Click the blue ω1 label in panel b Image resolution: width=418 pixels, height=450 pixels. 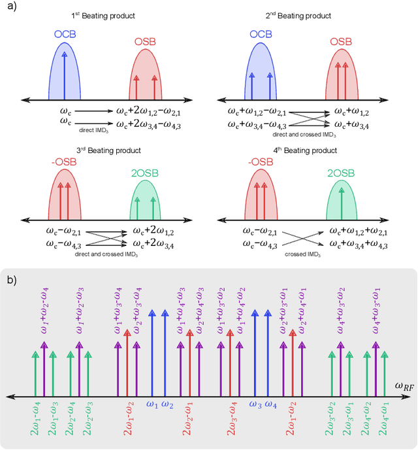coord(152,404)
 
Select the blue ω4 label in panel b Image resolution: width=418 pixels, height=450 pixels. coord(271,404)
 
